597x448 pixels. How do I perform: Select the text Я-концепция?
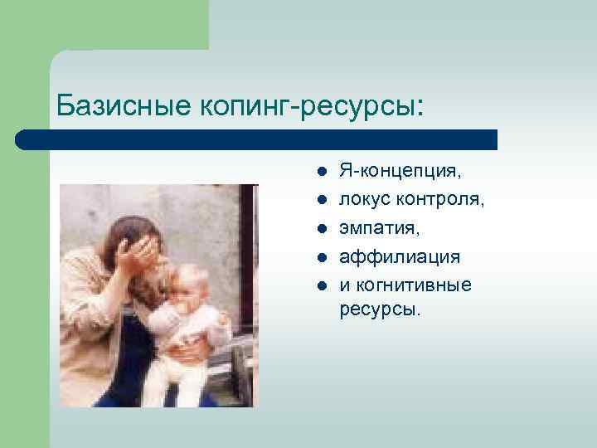click(x=401, y=172)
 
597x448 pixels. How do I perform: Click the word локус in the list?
click(x=365, y=200)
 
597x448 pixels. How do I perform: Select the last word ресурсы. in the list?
click(x=380, y=310)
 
